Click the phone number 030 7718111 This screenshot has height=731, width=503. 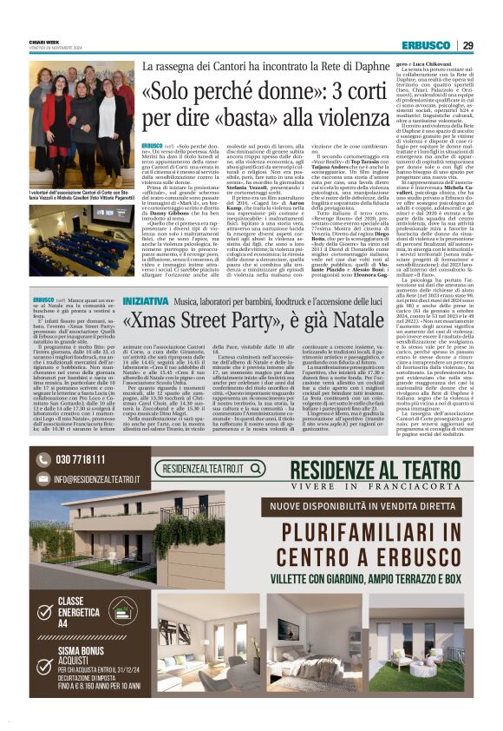point(80,459)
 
